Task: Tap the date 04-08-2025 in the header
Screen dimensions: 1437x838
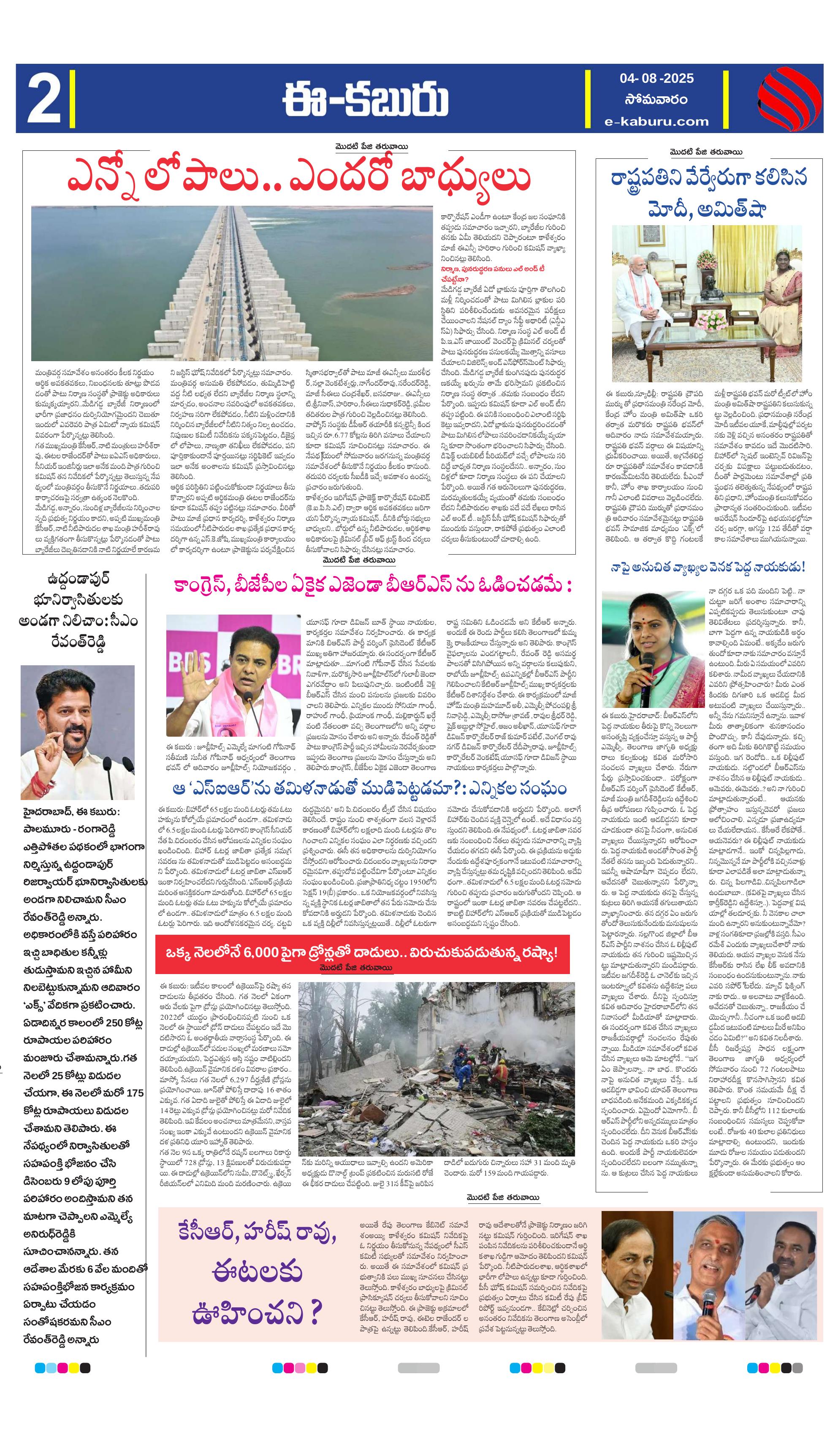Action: click(657, 78)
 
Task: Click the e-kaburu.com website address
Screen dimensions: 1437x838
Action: click(657, 121)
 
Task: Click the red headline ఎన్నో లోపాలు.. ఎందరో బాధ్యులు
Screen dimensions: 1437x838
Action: click(299, 179)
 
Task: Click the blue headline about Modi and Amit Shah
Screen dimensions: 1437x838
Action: click(708, 193)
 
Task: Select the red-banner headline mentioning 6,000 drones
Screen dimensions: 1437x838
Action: click(361, 952)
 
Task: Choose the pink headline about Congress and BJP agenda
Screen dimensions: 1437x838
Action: click(372, 585)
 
